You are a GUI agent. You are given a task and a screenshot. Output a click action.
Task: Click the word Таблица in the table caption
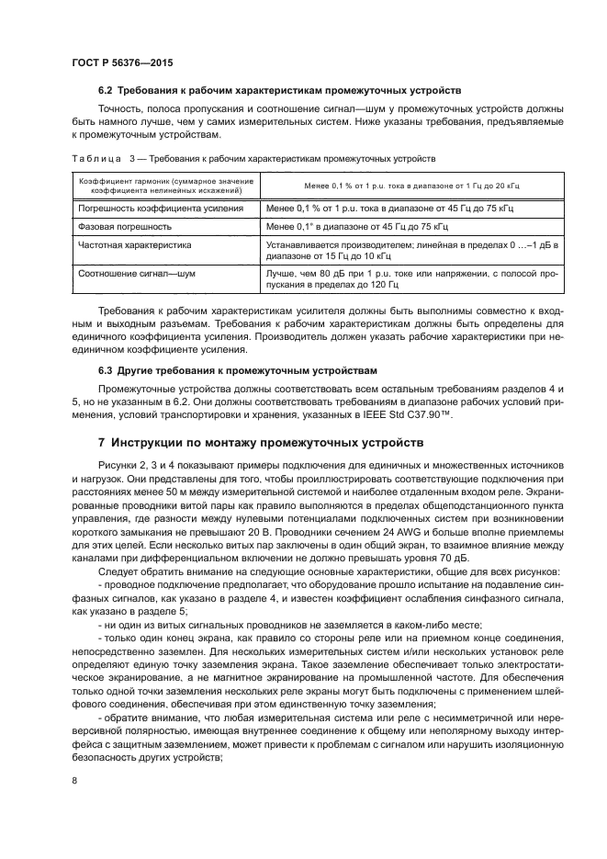coord(96,159)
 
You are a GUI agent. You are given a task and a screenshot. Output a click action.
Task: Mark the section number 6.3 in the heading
coord(105,370)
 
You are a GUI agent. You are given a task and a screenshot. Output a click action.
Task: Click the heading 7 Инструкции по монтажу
coord(261,442)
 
